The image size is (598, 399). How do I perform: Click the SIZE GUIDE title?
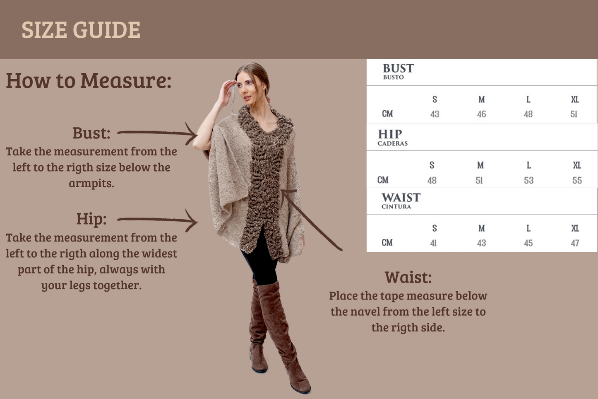(81, 30)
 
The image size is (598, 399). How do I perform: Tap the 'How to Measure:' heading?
(89, 80)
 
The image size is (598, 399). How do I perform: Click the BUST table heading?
(398, 68)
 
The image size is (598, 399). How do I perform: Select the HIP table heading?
(390, 134)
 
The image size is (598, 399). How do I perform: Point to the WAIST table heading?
(401, 198)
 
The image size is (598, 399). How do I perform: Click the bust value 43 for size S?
(435, 114)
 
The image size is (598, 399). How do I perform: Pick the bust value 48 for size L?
(528, 114)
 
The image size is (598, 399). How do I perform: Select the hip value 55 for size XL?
(577, 180)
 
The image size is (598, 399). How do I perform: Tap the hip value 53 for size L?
(528, 180)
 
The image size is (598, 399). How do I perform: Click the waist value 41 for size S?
(433, 243)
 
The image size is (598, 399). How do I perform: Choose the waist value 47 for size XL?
(575, 243)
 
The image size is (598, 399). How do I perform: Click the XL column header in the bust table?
(575, 99)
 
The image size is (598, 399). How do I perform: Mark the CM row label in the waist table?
(387, 243)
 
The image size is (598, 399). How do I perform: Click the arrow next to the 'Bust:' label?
(157, 133)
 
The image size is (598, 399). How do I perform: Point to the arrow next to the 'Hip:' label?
(157, 220)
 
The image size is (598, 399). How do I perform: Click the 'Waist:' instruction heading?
(408, 277)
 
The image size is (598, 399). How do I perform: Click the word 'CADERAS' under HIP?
(392, 144)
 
